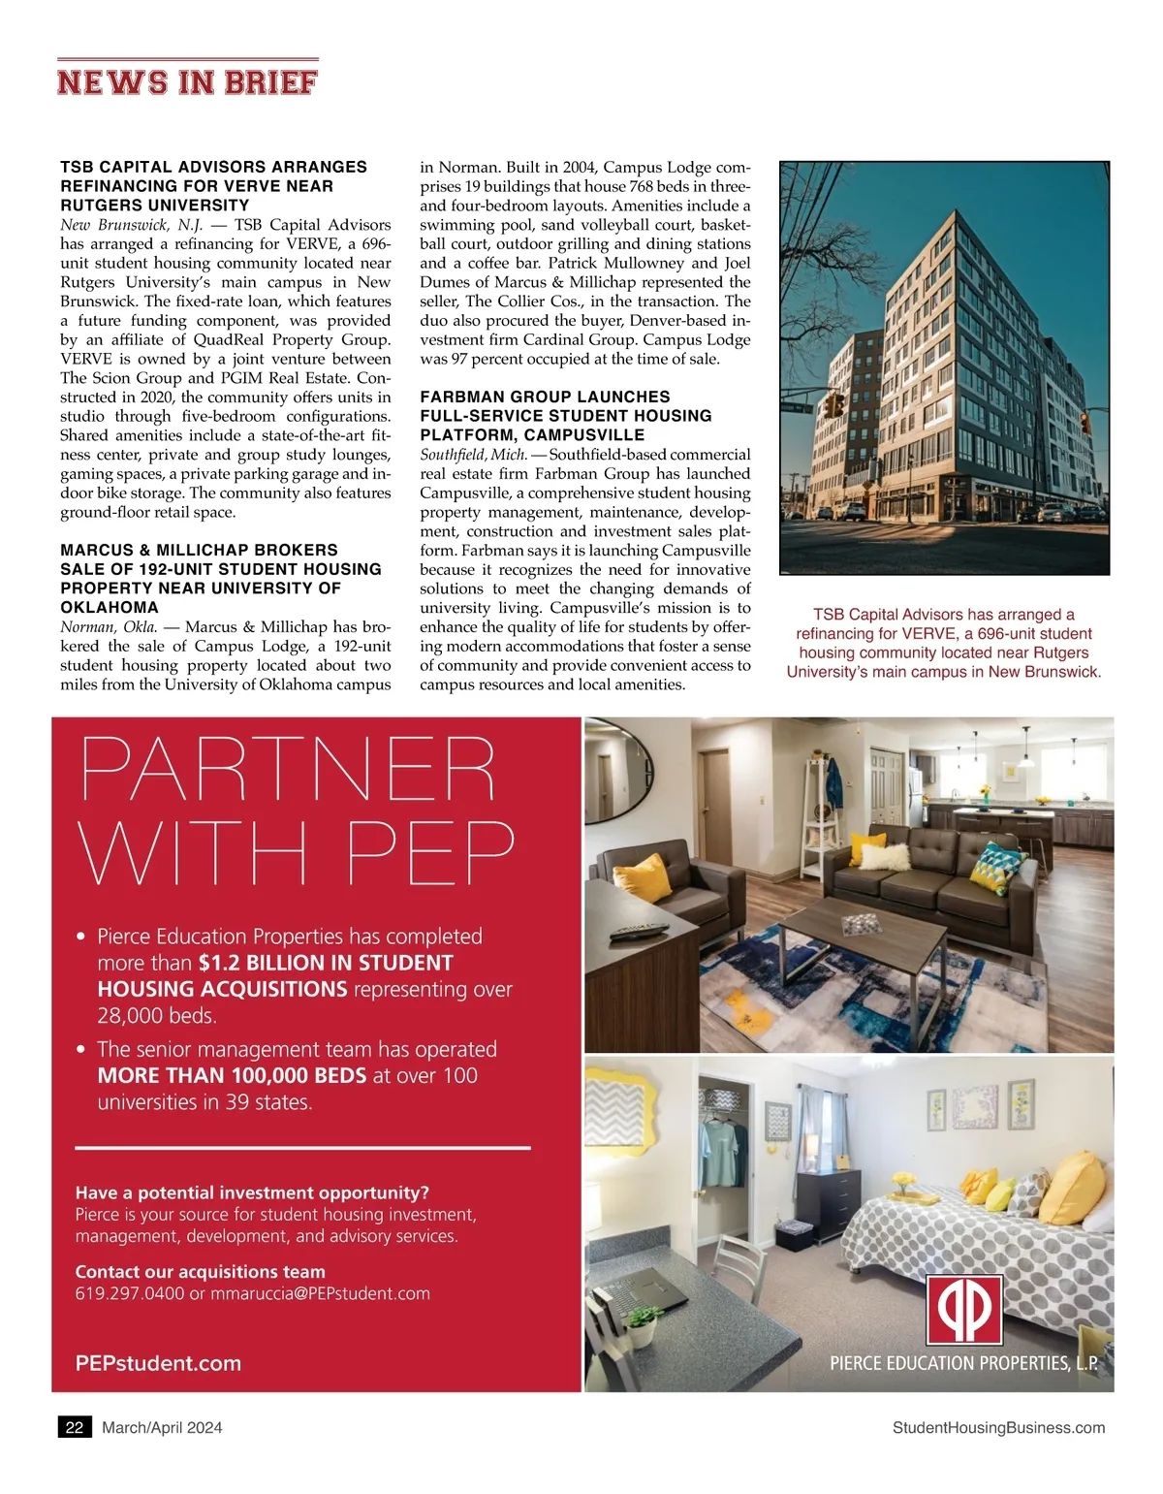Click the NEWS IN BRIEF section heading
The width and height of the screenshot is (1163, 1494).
click(x=187, y=81)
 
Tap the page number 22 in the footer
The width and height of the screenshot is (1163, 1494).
click(x=75, y=1427)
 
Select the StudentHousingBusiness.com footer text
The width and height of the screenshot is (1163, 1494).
click(x=998, y=1427)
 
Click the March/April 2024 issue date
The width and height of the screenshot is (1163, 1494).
click(x=162, y=1427)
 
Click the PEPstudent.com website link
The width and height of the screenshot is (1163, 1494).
click(x=158, y=1363)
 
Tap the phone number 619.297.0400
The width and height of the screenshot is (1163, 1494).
click(x=129, y=1293)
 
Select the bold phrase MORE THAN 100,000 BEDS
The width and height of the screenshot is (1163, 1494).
click(x=232, y=1075)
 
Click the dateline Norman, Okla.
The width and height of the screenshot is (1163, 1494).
click(x=110, y=627)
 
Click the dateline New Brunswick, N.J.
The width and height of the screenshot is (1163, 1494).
click(x=131, y=225)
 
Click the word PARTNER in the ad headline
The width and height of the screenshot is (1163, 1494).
click(x=288, y=771)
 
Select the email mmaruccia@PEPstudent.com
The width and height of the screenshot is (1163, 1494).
click(x=320, y=1293)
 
